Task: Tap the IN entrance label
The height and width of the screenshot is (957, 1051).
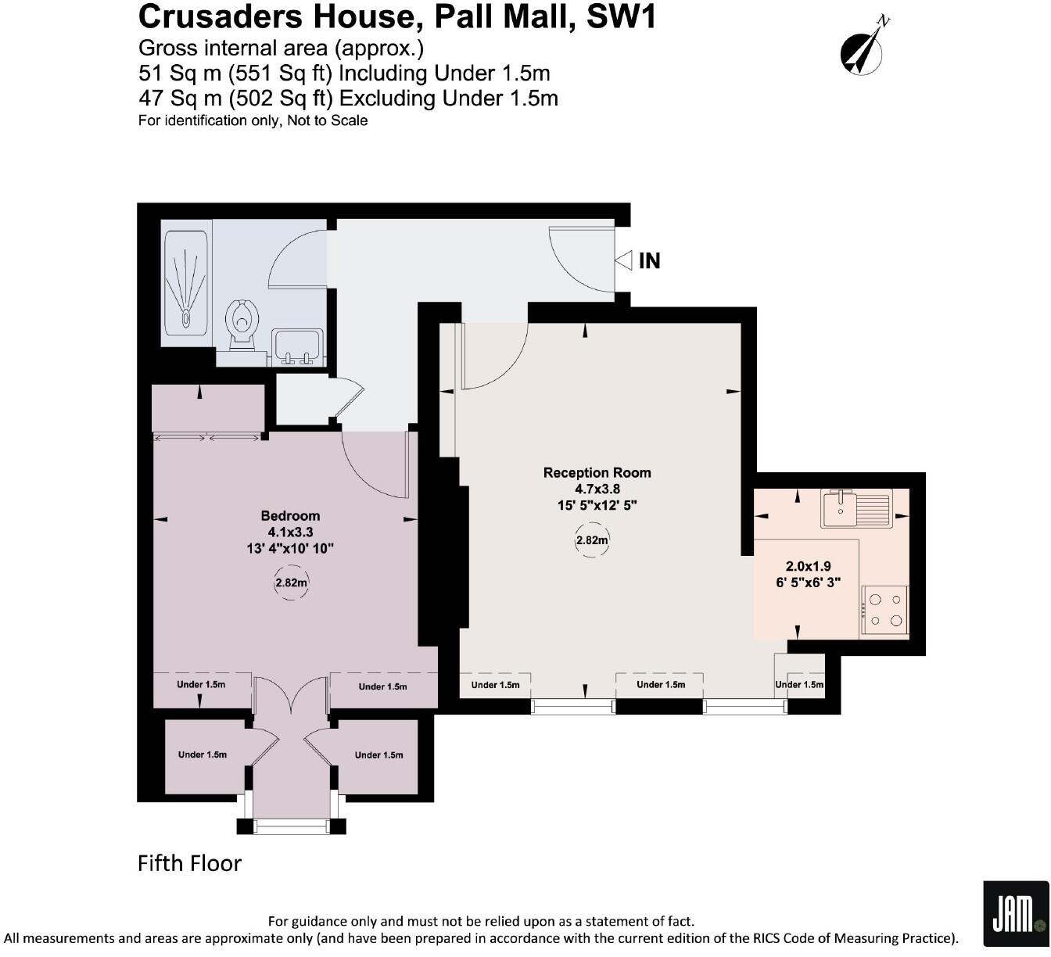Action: (649, 260)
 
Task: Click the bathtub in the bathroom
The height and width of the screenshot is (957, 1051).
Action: (186, 283)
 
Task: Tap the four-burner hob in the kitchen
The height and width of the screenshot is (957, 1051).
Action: (885, 611)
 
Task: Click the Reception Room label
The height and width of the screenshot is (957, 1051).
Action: (597, 472)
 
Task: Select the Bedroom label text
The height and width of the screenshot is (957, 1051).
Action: (290, 515)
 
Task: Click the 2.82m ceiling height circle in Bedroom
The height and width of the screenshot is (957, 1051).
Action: (290, 582)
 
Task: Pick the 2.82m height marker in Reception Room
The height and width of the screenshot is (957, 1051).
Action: (592, 540)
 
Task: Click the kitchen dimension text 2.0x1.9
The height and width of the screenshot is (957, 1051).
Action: (808, 566)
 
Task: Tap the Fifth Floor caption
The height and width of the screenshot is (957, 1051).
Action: (189, 863)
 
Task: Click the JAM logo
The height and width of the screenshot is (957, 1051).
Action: (1014, 912)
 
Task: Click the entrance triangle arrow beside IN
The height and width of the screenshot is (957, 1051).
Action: (623, 260)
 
